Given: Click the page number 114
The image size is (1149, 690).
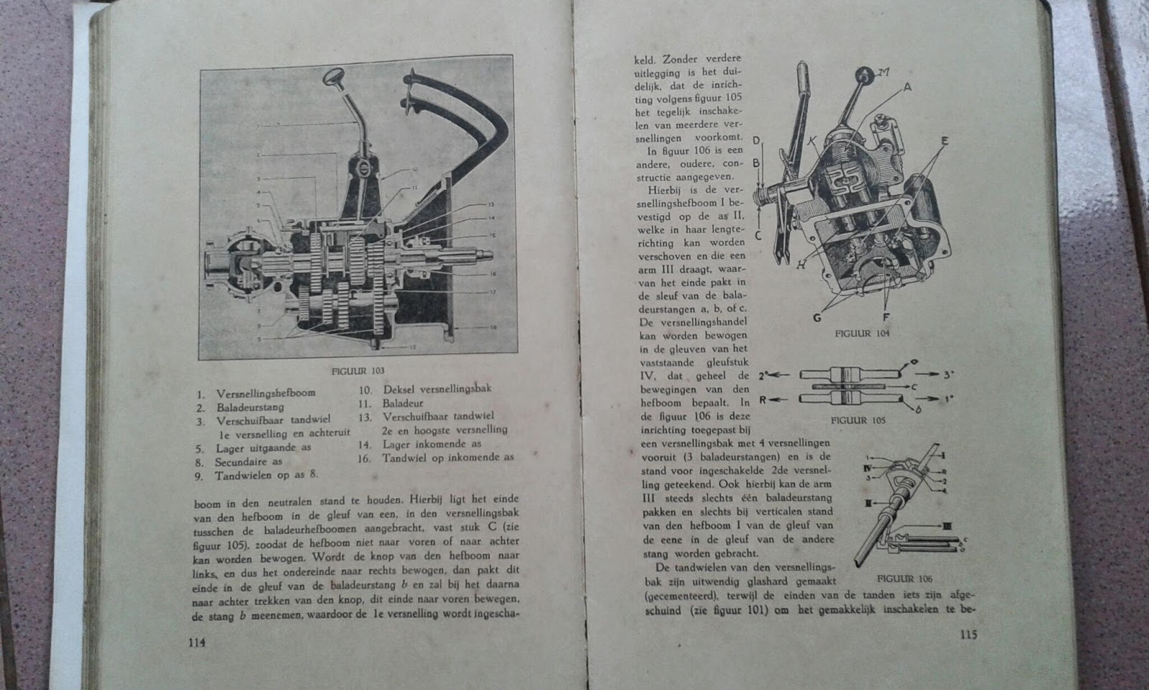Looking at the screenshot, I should coord(195,643).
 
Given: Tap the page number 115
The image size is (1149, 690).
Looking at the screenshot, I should coord(967,635).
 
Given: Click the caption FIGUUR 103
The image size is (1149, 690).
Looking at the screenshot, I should coord(358,371).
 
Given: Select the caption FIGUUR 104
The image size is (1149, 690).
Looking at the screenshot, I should coord(862,333).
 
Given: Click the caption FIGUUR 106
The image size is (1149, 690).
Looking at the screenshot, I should coord(905,578).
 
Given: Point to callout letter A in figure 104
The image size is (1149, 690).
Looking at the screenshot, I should coord(907,88).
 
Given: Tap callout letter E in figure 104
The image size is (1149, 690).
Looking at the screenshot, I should coord(944,142).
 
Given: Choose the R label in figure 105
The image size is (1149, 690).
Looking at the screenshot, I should coord(763,399).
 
